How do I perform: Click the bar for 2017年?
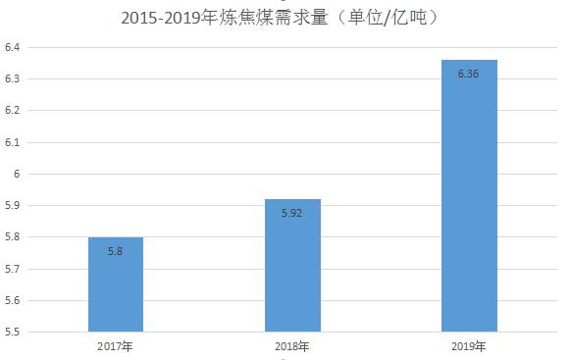coord(116,284)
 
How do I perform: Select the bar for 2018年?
coord(292,266)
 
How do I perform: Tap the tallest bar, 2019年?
coord(469,195)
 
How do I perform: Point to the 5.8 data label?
coord(115,251)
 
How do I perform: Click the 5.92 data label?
coord(292,213)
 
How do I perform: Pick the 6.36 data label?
coord(468,74)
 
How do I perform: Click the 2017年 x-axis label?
coord(115,346)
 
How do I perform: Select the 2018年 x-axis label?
coord(292,346)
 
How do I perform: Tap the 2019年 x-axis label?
coord(469,346)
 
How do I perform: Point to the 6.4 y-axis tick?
coord(12,47)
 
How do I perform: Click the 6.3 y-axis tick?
coord(12,78)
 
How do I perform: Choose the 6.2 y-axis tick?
coord(12,110)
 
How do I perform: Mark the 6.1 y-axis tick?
coord(12,142)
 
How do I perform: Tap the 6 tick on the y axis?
coord(17,174)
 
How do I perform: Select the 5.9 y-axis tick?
coord(12,205)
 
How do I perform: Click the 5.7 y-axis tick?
coord(12,269)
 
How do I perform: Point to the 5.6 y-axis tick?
coord(12,301)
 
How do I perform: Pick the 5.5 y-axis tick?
coord(12,332)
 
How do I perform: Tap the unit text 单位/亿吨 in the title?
coord(388,18)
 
